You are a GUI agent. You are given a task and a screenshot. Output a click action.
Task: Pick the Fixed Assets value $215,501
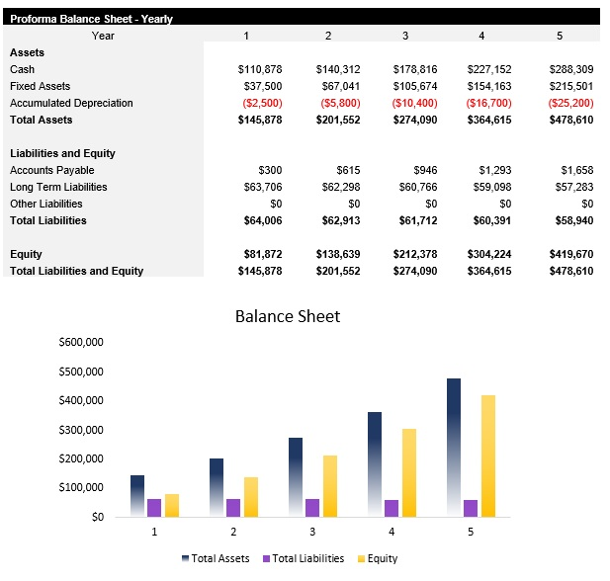coord(571,86)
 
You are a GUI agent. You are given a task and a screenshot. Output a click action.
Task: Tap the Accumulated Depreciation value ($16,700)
coord(488,103)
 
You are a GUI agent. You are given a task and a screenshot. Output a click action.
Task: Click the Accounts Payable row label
coord(52,170)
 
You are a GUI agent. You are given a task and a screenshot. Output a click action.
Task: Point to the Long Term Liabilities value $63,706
coord(263,187)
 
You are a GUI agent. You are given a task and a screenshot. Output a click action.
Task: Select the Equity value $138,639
coord(338,254)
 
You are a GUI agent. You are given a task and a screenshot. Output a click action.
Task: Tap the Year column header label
coord(103,36)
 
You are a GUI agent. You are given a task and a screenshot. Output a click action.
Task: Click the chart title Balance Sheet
coord(287,316)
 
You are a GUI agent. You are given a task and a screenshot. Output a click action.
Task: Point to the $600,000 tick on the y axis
coord(81,343)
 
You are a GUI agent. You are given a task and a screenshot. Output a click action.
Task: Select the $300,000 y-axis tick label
coord(81,430)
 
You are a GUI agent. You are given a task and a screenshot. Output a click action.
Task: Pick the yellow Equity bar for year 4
coord(409,472)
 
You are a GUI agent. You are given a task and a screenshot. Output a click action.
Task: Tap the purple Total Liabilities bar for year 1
coord(154,508)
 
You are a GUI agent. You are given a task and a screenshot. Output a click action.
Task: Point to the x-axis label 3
coord(312,532)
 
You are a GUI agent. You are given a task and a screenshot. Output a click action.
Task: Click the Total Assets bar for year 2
coord(217,487)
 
